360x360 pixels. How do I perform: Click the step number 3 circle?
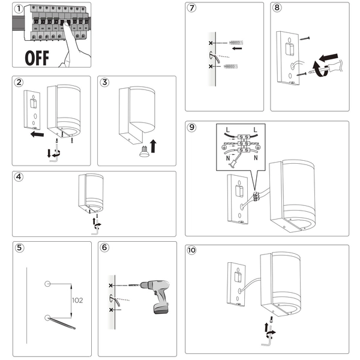point(106,83)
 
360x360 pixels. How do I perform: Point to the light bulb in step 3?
point(143,150)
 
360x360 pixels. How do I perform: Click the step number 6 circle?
point(106,248)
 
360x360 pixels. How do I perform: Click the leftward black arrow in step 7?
point(238,50)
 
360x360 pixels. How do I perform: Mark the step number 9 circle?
point(192,128)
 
